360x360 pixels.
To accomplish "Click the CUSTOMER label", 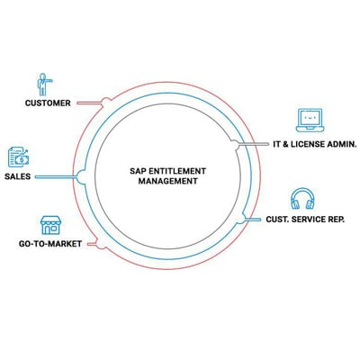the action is click(48, 103).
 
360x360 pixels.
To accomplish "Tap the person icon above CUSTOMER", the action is click(44, 85).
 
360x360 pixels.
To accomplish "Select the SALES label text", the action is click(18, 176).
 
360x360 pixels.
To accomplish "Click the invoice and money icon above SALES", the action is click(18, 157).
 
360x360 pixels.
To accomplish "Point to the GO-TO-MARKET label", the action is click(50, 244).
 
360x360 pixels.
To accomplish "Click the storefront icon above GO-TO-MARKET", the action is click(50, 225).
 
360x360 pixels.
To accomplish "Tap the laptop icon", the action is click(310, 121).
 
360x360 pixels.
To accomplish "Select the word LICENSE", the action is click(308, 144).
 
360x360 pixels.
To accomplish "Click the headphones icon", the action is click(302, 199).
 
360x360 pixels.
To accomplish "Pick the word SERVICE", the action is click(310, 220).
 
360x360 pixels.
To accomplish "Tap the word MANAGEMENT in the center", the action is click(168, 181).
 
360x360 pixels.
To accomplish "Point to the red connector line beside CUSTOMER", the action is click(89, 103).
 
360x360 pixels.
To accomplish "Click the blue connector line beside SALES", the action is click(57, 177).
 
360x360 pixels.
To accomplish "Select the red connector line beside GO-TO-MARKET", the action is click(92, 244).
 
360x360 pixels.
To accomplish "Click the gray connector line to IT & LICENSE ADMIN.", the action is click(254, 144).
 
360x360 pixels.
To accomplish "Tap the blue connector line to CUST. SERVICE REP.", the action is click(253, 220).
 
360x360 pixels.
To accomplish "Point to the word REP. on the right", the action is click(337, 220).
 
